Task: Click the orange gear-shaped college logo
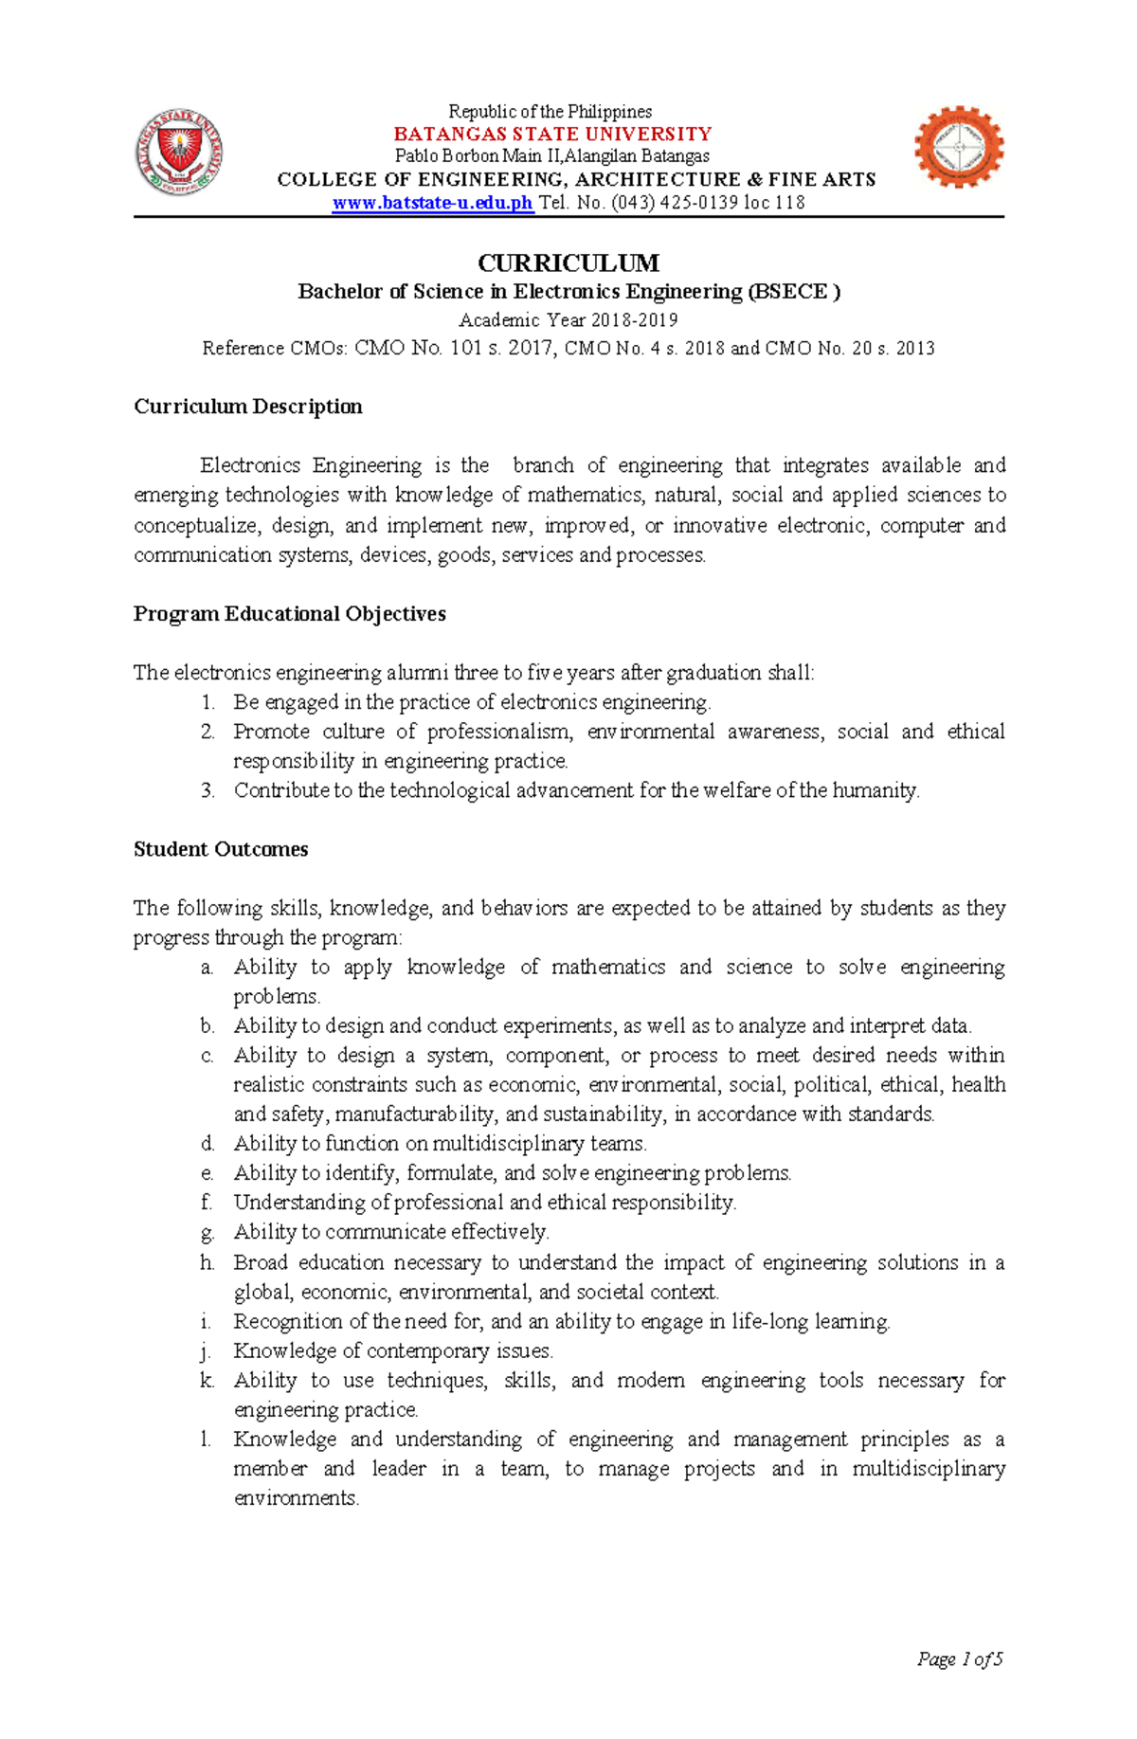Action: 959,147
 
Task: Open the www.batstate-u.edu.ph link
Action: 433,203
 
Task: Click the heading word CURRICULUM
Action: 568,263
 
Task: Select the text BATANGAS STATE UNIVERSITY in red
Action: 552,134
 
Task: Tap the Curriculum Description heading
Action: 247,407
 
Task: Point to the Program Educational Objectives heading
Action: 289,614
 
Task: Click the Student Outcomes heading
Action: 221,849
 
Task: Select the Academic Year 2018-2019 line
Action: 568,320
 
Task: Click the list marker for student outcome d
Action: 208,1144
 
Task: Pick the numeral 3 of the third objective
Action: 208,790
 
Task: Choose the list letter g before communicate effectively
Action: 208,1232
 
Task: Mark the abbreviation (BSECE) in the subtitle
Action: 794,292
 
